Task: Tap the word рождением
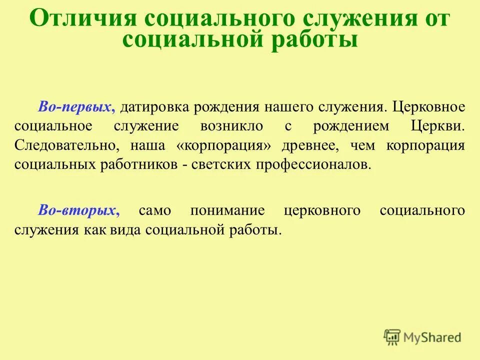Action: pyautogui.click(x=350, y=126)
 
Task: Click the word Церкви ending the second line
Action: pyautogui.click(x=438, y=126)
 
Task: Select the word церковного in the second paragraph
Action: pyautogui.click(x=321, y=210)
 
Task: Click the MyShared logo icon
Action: pyautogui.click(x=392, y=337)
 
